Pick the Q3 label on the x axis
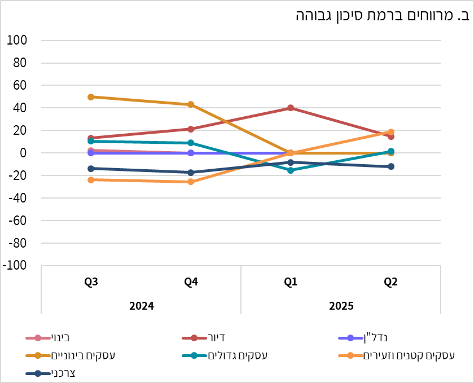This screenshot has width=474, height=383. pos(91,282)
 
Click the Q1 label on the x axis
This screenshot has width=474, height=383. pos(291,282)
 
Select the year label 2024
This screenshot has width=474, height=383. pos(141,306)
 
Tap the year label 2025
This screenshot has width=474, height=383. pos(341,306)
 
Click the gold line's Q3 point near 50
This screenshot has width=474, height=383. pos(91,97)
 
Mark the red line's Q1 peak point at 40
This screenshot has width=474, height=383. pos(291,108)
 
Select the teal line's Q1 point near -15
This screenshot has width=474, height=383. pos(291,170)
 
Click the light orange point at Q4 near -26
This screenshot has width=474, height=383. pos(191,182)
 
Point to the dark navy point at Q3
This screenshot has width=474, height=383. pos(91,169)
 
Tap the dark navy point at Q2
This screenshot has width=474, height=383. pos(390,166)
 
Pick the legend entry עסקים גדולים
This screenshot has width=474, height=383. pos(237,355)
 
